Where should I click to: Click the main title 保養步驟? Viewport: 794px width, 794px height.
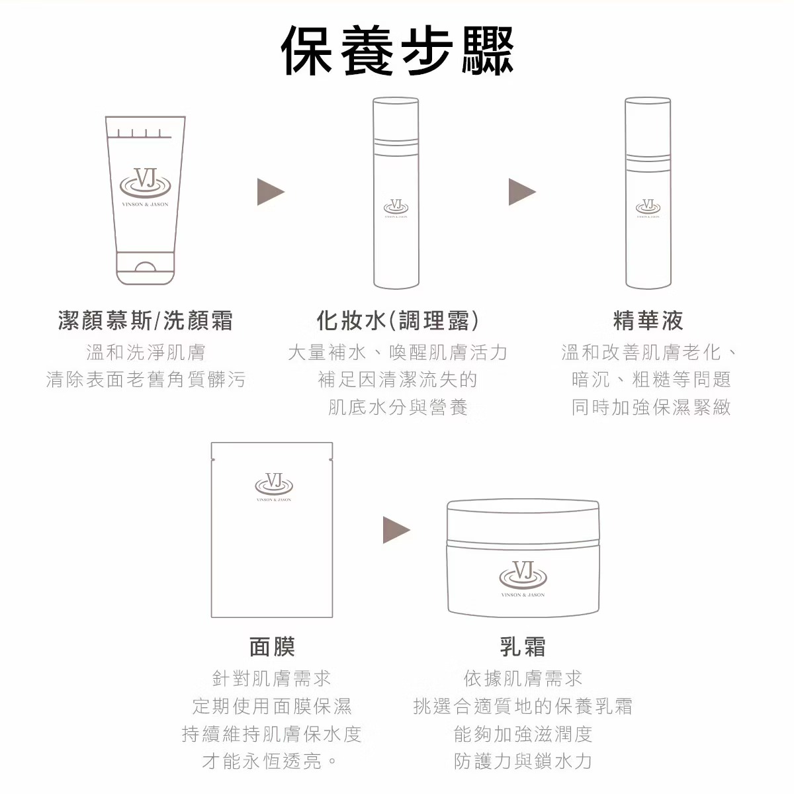point(397,50)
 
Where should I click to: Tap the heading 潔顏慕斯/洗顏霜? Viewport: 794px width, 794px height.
point(146,320)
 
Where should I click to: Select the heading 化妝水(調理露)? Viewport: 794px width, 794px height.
point(398,320)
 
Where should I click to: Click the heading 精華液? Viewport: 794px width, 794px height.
point(648,320)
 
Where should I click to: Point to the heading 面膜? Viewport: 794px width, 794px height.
point(272,646)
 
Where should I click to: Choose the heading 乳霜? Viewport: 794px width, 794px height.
point(523,646)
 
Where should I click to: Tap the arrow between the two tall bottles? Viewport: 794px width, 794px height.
point(522,192)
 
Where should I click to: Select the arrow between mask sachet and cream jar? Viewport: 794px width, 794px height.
point(396,530)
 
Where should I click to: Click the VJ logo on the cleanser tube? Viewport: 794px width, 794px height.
point(146,184)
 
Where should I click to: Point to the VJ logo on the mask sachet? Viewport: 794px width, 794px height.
point(273,483)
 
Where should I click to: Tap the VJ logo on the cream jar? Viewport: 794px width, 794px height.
point(523,574)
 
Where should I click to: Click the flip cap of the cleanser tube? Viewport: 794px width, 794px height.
point(146,268)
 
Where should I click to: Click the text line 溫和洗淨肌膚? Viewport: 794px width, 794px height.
point(146,352)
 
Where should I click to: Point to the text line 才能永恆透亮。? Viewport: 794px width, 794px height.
point(270,761)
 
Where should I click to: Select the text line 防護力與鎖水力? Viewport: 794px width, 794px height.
point(523,761)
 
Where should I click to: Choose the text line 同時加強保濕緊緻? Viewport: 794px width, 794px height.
point(651,407)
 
